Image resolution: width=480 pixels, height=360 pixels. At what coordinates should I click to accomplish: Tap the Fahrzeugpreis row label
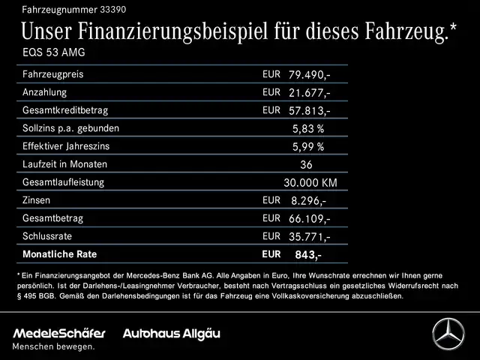52,74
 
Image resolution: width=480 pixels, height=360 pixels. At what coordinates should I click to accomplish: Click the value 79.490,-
308,75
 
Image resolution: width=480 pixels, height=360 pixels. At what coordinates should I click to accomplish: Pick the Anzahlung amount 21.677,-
308,93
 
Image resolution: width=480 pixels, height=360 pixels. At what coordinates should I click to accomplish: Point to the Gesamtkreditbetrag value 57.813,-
308,111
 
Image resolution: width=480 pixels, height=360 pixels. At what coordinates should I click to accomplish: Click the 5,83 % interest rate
307,129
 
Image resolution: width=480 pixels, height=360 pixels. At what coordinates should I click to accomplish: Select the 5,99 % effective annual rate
307,147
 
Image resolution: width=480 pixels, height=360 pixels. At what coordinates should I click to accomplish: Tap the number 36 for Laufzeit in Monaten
305,165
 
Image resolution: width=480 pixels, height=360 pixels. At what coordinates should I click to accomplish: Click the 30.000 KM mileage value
310,183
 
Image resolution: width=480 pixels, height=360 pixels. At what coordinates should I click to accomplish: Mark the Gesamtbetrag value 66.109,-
308,219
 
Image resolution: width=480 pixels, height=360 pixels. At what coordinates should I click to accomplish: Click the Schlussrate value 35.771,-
308,237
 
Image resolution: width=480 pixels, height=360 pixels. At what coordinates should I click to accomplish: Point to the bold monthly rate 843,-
307,255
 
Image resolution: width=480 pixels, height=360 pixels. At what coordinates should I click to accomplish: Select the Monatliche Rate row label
60,254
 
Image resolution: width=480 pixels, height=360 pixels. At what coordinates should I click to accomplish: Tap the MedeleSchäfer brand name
59,333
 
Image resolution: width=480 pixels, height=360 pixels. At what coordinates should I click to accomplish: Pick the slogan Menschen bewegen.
54,346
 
